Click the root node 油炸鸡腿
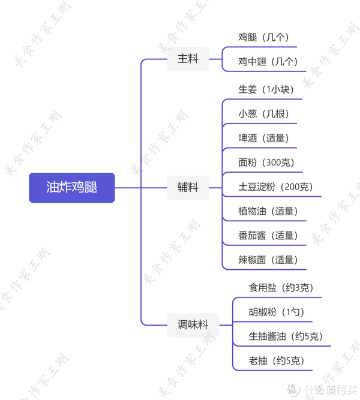pyautogui.click(x=72, y=187)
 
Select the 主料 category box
pyautogui.click(x=188, y=59)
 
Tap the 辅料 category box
pyautogui.click(x=188, y=187)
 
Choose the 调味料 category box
pyautogui.click(x=193, y=324)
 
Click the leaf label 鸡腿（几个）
pyautogui.click(x=263, y=37)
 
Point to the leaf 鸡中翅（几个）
pyautogui.click(x=268, y=61)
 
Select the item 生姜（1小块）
pyautogui.click(x=266, y=89)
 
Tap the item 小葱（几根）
pyautogui.click(x=263, y=114)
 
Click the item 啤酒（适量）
pyautogui.click(x=263, y=138)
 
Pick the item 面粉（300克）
pyautogui.click(x=266, y=162)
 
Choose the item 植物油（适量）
pyautogui.click(x=268, y=211)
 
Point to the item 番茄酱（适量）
pyautogui.click(x=268, y=236)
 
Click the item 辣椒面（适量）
pyautogui.click(x=268, y=260)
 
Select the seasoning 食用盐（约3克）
pyautogui.click(x=281, y=288)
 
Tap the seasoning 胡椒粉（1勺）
pyautogui.click(x=277, y=312)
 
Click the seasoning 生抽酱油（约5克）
pyautogui.click(x=286, y=336)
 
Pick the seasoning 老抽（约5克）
pyautogui.click(x=277, y=360)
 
